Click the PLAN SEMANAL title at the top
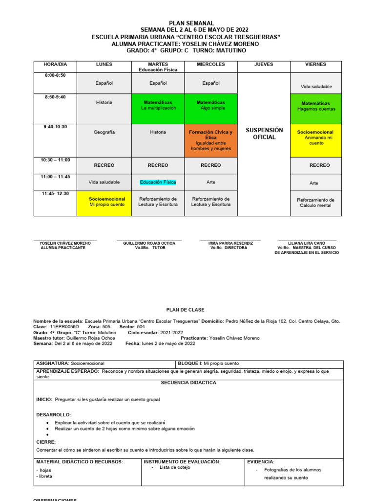click(x=191, y=23)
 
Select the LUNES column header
click(x=104, y=64)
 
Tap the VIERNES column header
click(x=316, y=64)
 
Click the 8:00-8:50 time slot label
click(x=55, y=75)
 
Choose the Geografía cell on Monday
click(x=104, y=132)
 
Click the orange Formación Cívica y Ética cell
click(x=211, y=140)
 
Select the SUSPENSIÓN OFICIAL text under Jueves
click(x=264, y=134)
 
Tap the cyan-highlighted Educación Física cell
click(x=158, y=182)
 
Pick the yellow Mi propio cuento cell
click(x=107, y=202)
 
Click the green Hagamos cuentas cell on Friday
click(x=316, y=106)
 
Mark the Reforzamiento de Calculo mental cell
click(x=316, y=203)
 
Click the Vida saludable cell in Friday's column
click(x=316, y=87)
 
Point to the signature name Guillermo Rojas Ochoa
click(x=149, y=243)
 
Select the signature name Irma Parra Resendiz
click(x=230, y=243)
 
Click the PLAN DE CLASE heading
click(x=186, y=310)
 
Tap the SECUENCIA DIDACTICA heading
click(x=188, y=383)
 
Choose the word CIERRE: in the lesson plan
click(x=46, y=442)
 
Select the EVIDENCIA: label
click(x=261, y=461)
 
